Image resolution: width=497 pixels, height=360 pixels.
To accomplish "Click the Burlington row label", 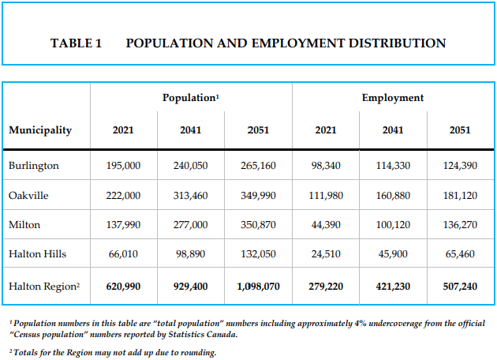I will click(x=34, y=166).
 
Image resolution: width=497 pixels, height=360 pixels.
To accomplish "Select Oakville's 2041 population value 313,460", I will click(x=190, y=195).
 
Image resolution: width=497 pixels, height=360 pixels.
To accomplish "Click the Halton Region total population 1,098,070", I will click(x=257, y=285).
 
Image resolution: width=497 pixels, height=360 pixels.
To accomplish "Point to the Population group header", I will click(x=190, y=98).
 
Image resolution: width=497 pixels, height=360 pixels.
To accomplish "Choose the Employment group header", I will click(x=392, y=98).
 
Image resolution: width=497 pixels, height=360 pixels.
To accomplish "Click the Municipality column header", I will click(x=40, y=130).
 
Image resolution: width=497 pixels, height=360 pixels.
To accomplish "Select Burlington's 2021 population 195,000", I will click(x=123, y=166).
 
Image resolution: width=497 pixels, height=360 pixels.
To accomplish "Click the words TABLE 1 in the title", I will click(x=77, y=43).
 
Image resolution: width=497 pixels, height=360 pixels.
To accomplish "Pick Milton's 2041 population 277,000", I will click(x=190, y=225).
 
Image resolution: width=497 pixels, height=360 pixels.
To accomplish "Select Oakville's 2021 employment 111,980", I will click(x=325, y=195).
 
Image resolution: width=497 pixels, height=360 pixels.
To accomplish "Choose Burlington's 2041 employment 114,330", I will click(x=392, y=166).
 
